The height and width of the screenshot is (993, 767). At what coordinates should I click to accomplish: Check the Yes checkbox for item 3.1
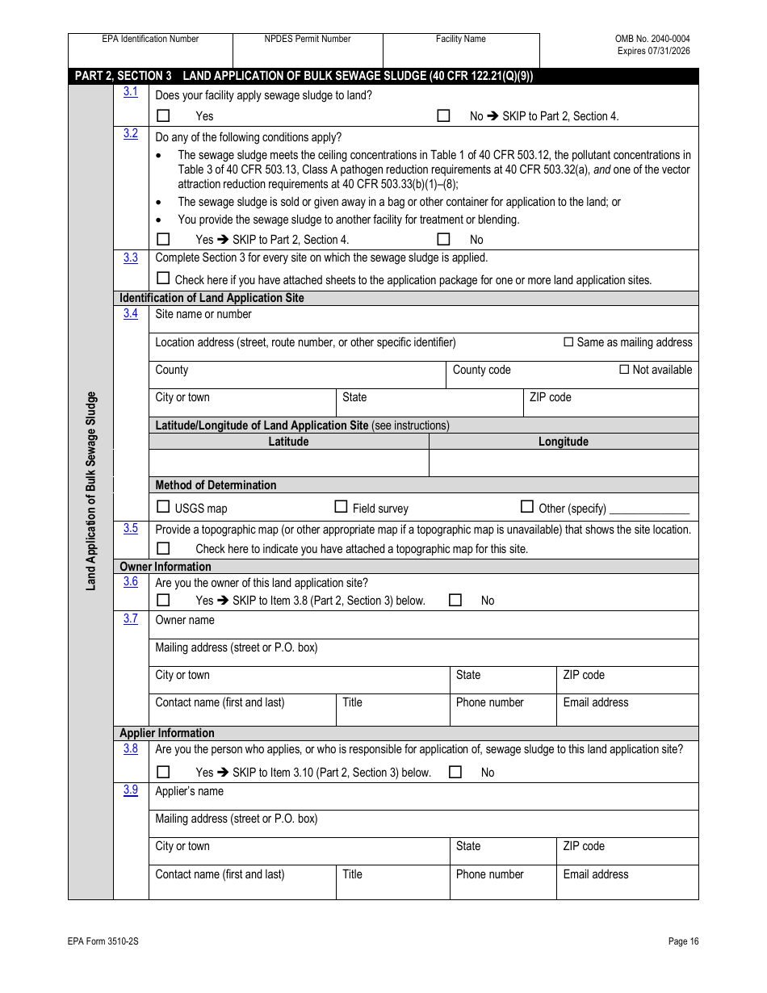coord(163,115)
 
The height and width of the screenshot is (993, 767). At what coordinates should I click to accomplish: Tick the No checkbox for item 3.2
coord(443,239)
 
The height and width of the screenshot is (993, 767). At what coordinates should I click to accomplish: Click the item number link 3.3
coord(130,258)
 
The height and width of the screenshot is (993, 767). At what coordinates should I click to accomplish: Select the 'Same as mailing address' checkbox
coord(568,342)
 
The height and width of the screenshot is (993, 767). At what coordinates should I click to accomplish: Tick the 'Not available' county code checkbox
coord(624,370)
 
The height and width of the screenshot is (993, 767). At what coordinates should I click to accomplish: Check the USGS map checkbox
coord(163,507)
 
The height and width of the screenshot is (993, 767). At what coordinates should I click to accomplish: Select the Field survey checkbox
coord(341,507)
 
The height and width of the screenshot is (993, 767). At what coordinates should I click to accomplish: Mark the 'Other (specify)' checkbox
coord(527,507)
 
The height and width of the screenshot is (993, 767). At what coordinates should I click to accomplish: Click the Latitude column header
coord(288,442)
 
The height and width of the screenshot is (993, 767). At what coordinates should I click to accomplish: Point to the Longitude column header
coord(563,442)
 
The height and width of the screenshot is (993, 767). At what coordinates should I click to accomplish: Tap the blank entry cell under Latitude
coord(288,463)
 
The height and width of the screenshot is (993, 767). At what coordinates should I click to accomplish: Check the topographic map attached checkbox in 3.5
coord(163,548)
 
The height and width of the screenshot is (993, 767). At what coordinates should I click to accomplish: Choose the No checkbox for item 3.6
coord(455,600)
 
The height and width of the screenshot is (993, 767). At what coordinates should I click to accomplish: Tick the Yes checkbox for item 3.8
coord(163,772)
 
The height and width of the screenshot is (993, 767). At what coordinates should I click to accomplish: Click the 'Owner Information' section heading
coord(165,567)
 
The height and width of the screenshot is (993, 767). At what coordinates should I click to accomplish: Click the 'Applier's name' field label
coord(189,791)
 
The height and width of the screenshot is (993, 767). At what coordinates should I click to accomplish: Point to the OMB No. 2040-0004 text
coord(652,39)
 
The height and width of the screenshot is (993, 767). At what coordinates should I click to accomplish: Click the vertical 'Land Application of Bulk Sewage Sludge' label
coord(91,491)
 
